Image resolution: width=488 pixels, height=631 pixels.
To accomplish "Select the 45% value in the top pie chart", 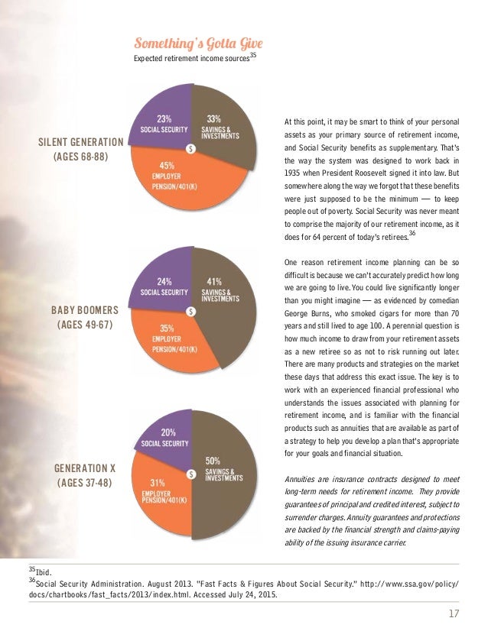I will coord(163,163).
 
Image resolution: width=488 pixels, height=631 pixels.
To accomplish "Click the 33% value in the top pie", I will coord(214,118).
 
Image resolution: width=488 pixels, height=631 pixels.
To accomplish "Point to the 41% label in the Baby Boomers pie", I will coord(214,280).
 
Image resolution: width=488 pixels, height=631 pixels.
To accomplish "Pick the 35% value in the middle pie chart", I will coord(163,327).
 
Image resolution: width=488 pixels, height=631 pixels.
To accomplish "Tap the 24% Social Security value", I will coord(164,280).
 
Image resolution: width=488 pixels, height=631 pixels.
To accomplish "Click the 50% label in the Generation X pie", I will coord(213,461).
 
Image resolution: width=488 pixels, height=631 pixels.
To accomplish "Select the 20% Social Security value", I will coord(169,432).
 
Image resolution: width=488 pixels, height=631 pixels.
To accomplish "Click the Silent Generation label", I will coord(80,142).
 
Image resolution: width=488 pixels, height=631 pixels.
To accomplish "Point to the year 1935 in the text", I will coord(294,173).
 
